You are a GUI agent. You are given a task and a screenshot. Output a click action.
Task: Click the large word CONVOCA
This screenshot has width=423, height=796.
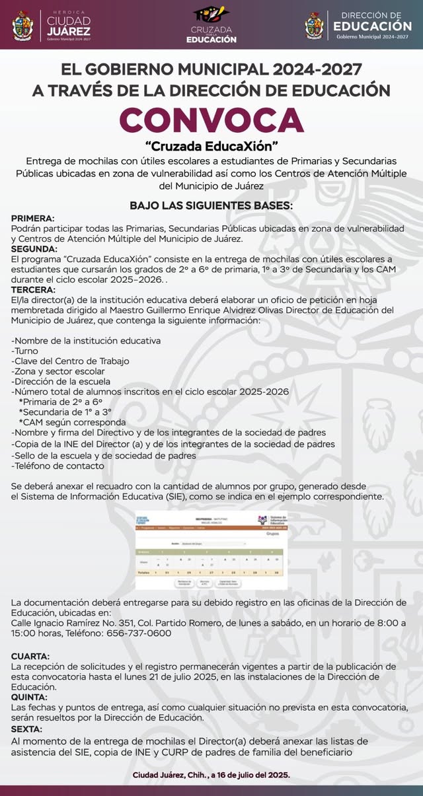pyautogui.click(x=211, y=120)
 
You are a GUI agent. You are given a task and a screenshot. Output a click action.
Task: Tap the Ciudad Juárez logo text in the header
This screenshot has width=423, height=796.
pyautogui.click(x=68, y=26)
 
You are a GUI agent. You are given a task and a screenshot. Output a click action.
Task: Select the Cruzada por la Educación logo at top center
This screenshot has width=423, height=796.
pyautogui.click(x=211, y=26)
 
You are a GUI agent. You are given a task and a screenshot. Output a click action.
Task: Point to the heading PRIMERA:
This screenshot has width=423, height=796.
pyautogui.click(x=33, y=218)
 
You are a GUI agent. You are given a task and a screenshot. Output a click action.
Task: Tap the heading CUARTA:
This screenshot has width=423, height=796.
pyautogui.click(x=30, y=656)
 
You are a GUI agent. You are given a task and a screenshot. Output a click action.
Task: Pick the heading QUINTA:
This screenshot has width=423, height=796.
pyautogui.click(x=29, y=697)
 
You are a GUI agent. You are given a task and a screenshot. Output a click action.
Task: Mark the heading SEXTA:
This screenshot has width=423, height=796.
pyautogui.click(x=26, y=729)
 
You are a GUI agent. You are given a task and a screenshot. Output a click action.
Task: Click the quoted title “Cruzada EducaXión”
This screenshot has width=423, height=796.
pyautogui.click(x=211, y=145)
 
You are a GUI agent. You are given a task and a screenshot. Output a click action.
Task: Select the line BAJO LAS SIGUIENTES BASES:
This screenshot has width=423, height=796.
pyautogui.click(x=211, y=205)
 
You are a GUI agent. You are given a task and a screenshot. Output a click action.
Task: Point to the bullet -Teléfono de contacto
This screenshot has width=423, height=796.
pyautogui.click(x=58, y=466)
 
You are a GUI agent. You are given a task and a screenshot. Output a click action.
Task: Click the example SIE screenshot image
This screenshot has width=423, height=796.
pyautogui.click(x=211, y=550)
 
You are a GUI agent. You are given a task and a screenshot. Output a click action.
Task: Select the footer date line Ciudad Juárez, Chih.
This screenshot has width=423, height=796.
pyautogui.click(x=211, y=775)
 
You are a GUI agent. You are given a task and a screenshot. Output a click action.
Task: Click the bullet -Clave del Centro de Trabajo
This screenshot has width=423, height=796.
pyautogui.click(x=70, y=361)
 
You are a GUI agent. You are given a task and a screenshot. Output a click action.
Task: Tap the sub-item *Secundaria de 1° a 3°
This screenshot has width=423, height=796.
pyautogui.click(x=65, y=412)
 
